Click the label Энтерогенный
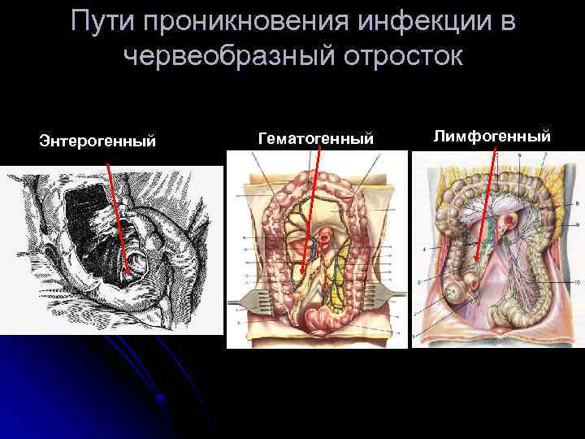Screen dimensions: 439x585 [x=97, y=141]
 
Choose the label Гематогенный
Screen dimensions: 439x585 [x=316, y=140]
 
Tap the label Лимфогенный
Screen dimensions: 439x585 [x=492, y=136]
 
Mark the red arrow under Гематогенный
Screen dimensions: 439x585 [x=310, y=211]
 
